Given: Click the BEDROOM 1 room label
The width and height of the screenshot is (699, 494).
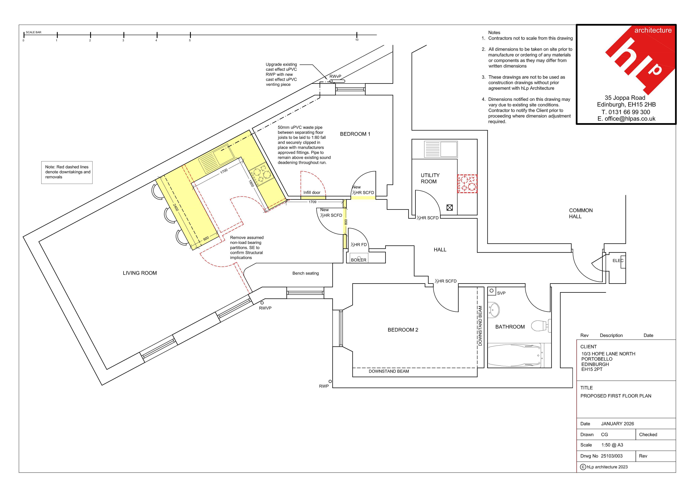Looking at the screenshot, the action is tap(355, 134).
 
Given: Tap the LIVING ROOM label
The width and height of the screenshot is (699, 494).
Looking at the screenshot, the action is tap(140, 273).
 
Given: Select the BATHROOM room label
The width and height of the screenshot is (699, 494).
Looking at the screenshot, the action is tap(510, 327).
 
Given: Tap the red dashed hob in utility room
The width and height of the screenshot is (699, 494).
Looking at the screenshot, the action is tap(467, 184).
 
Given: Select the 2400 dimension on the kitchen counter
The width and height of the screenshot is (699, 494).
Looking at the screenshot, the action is tap(176, 207).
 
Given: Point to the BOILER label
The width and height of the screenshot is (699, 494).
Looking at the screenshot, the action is tap(359, 260).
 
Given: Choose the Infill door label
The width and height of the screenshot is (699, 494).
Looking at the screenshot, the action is tap(312, 193).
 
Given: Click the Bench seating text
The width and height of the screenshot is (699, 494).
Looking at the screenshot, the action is tap(306, 273).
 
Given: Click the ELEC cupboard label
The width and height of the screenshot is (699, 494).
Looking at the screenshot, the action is tap(618, 260).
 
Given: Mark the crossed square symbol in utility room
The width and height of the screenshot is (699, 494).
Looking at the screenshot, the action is tap(450, 208).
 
